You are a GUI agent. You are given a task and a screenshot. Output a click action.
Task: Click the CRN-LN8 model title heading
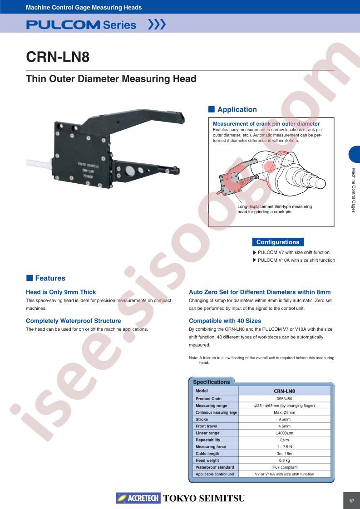[58, 57]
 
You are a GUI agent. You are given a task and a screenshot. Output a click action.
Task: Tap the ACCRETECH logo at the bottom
[138, 498]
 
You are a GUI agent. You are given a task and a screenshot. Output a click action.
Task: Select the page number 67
[351, 501]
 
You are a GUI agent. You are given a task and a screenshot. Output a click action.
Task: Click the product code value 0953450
[284, 399]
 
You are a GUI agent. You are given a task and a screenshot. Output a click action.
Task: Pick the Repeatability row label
[208, 440]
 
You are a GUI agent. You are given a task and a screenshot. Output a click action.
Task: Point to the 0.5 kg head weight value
[284, 460]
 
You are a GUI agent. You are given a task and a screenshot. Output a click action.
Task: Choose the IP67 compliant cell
[284, 467]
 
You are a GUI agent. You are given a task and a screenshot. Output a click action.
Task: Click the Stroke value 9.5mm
[284, 420]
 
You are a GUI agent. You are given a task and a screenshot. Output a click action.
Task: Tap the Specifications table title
[212, 382]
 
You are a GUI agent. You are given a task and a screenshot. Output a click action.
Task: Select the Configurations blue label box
[278, 242]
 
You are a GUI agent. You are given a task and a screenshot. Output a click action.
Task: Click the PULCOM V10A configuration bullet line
[294, 260]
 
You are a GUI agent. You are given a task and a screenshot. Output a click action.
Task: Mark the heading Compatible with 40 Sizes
[225, 321]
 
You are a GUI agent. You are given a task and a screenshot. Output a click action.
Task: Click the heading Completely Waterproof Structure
[74, 321]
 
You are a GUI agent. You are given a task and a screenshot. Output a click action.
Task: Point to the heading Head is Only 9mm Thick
[61, 292]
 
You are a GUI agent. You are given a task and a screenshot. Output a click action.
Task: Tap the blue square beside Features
[30, 278]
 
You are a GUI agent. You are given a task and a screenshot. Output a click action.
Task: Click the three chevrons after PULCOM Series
[157, 24]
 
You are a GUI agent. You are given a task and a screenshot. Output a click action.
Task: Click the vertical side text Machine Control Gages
[354, 190]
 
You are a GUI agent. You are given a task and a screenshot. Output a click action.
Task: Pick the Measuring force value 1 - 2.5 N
[284, 447]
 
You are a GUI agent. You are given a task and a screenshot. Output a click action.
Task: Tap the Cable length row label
[207, 454]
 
